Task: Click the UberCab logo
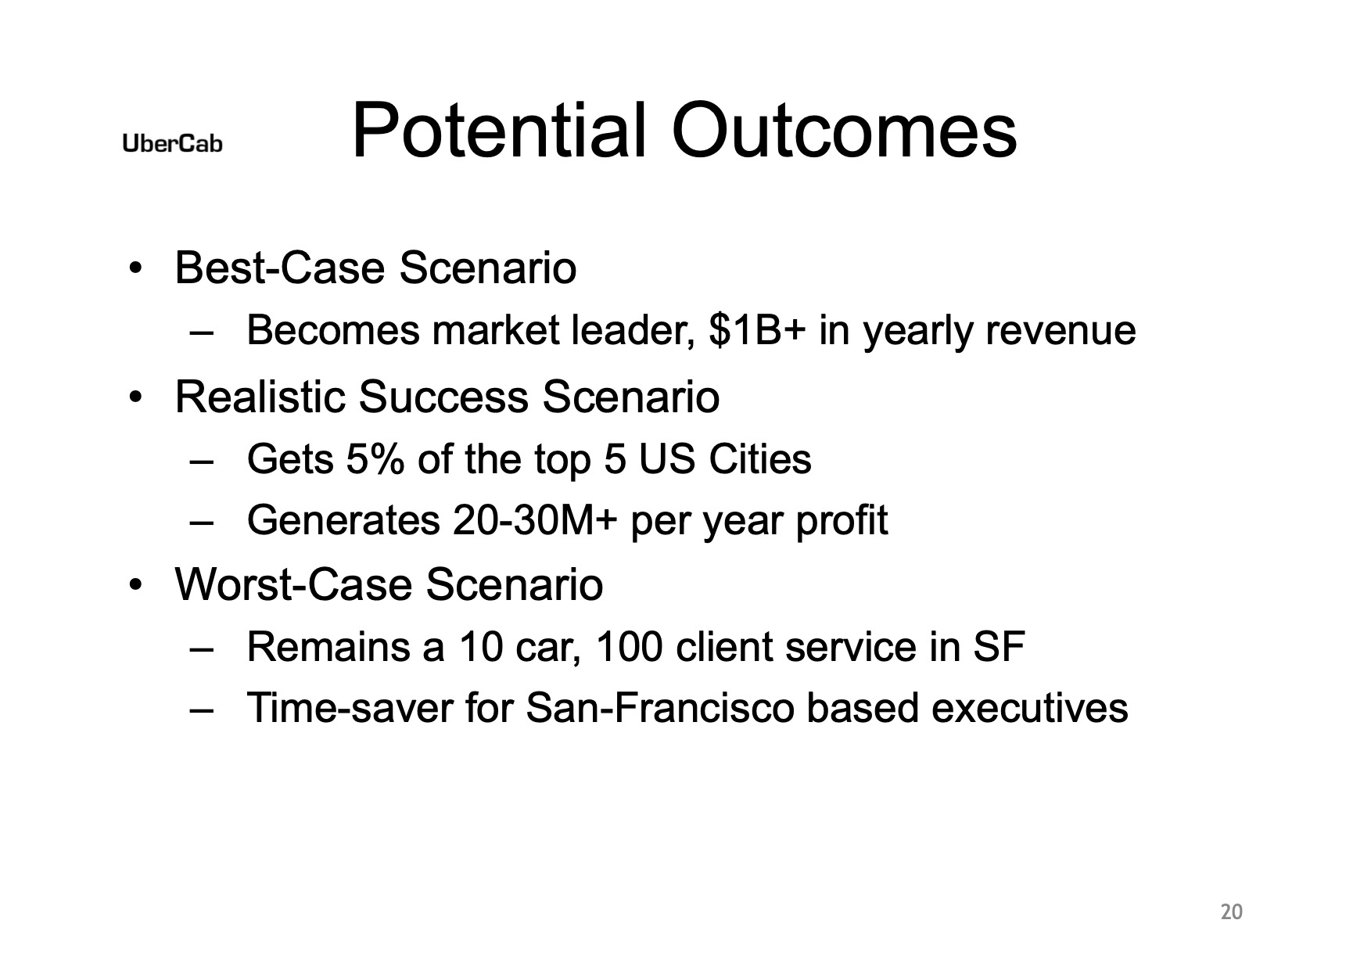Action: pos(172,144)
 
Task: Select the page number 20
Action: pos(1231,912)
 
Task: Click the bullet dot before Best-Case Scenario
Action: pos(137,270)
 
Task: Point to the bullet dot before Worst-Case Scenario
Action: pos(137,586)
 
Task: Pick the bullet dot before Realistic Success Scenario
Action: pos(137,398)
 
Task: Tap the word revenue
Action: pos(1061,331)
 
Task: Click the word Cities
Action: pos(759,458)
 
